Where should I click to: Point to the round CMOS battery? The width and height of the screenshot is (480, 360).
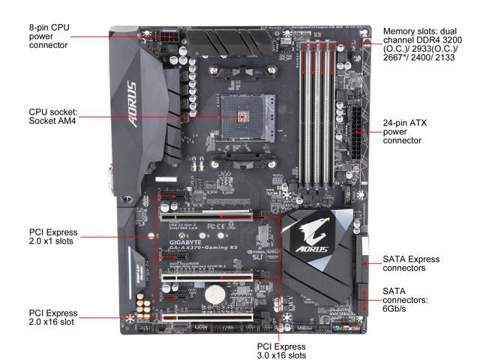(216, 292)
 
